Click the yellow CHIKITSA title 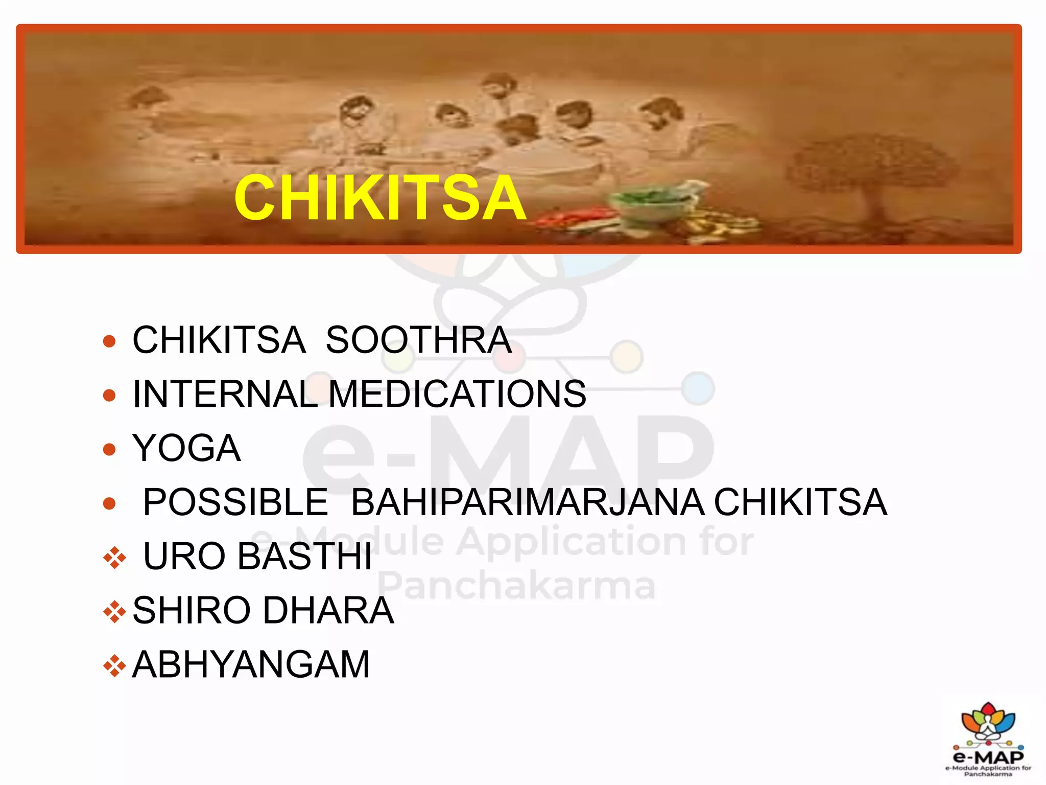point(380,198)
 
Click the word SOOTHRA point(418,340)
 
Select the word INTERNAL point(225,394)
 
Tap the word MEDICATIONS point(457,394)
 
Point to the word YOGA point(186,448)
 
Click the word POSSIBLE point(235,502)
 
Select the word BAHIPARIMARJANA point(528,502)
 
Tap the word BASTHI point(305,557)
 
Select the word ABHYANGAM point(251,665)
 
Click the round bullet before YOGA point(109,449)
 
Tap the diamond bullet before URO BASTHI point(114,558)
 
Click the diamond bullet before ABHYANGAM point(114,666)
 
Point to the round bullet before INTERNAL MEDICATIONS point(109,395)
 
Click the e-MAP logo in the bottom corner point(988,739)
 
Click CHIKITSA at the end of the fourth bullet point(800,502)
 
